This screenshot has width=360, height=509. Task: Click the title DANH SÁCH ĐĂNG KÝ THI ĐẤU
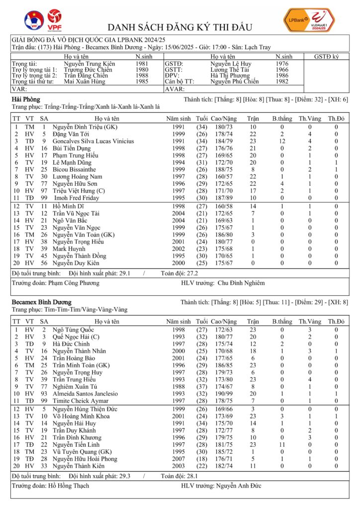(180, 27)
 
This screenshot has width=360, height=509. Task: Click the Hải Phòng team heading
(26, 100)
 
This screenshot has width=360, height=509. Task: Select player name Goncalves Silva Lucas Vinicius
(93, 141)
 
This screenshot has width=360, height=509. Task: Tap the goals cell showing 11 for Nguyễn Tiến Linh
(281, 443)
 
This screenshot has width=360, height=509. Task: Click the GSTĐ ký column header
(327, 57)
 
